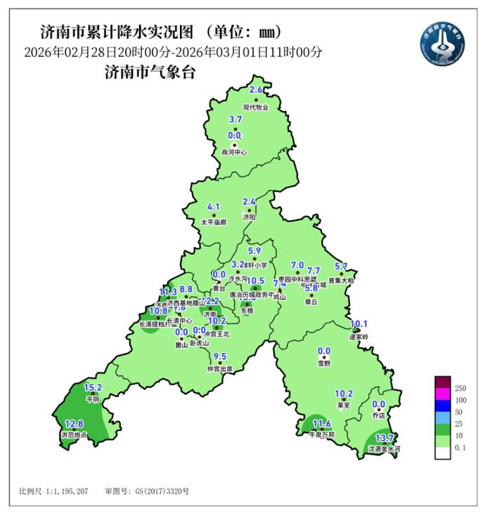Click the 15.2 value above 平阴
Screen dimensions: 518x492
tap(93, 387)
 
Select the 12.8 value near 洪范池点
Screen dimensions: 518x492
tap(74, 424)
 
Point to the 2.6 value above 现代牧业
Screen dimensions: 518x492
tap(256, 90)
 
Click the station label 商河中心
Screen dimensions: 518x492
tap(234, 152)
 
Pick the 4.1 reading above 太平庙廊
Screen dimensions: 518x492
tap(214, 207)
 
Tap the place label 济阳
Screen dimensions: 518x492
tap(250, 218)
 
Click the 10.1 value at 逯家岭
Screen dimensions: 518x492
tap(359, 324)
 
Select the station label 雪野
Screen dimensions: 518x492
tap(324, 364)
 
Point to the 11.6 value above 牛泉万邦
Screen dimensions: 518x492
tap(321, 423)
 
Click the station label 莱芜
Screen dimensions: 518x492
tap(344, 406)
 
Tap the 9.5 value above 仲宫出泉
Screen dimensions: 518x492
tap(220, 356)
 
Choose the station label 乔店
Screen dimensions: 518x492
tap(379, 416)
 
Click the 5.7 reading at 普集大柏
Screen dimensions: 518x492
tap(342, 266)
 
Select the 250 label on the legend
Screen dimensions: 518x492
tap(461, 389)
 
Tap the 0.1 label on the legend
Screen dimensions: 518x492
tap(461, 457)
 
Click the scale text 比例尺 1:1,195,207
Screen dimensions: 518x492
tap(53, 491)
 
